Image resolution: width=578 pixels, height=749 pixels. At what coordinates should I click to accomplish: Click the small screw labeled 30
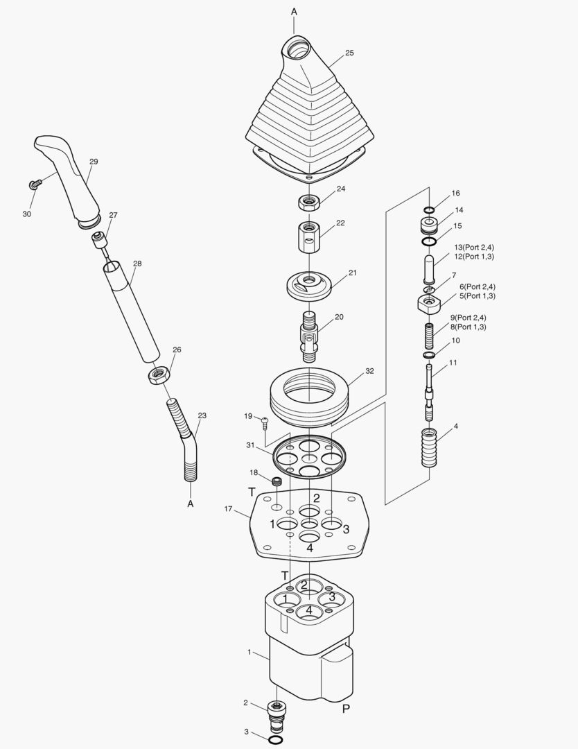[x=33, y=184]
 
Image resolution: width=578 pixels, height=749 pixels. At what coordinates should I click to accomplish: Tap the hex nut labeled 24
[x=308, y=203]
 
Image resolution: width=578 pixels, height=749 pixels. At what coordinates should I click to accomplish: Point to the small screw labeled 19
[x=265, y=420]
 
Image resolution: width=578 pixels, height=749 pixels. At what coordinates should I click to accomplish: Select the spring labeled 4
[x=429, y=448]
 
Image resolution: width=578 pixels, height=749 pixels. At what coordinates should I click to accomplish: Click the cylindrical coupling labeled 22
[x=308, y=238]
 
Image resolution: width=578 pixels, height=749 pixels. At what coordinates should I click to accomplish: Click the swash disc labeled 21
[x=309, y=284]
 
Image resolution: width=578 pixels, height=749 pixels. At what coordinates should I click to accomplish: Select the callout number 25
[x=349, y=53]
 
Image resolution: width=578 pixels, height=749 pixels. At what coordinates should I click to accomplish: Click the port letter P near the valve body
[x=345, y=709]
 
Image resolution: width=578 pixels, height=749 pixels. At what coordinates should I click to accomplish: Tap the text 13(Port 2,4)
[x=474, y=248]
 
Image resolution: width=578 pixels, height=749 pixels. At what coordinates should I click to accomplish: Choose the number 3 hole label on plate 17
[x=346, y=530]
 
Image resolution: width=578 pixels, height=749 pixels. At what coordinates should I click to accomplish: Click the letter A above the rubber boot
[x=294, y=12]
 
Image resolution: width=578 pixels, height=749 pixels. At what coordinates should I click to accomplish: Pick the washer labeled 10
[x=429, y=355]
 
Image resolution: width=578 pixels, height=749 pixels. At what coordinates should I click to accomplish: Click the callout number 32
[x=369, y=371]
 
